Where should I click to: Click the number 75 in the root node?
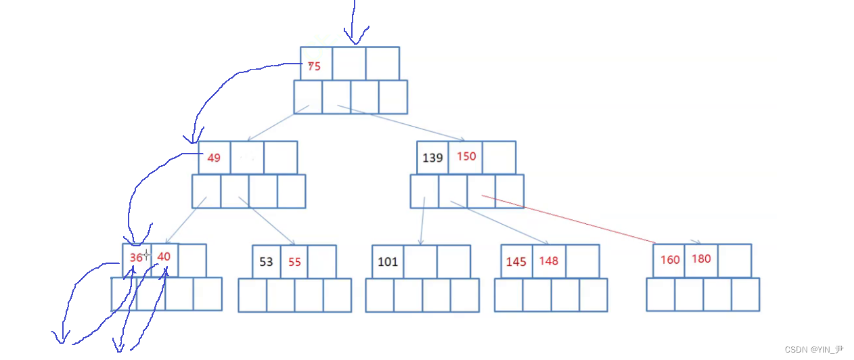pyautogui.click(x=314, y=66)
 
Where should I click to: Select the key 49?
pyautogui.click(x=214, y=158)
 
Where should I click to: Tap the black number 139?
pyautogui.click(x=432, y=158)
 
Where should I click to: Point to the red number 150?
pyautogui.click(x=466, y=156)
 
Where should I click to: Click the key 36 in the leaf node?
pyautogui.click(x=137, y=257)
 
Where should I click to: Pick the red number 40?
pyautogui.click(x=164, y=256)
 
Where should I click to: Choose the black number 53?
pyautogui.click(x=267, y=262)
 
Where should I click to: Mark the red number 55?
pyautogui.click(x=294, y=262)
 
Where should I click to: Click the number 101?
pyautogui.click(x=388, y=262)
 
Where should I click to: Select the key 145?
pyautogui.click(x=516, y=261)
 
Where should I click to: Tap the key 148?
pyautogui.click(x=549, y=261)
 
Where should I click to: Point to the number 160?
pyautogui.click(x=670, y=260)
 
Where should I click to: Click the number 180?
pyautogui.click(x=701, y=258)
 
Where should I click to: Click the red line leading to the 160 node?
pyautogui.click(x=568, y=219)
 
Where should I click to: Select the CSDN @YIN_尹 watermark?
pyautogui.click(x=814, y=350)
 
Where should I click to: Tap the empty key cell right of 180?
pyautogui.click(x=735, y=261)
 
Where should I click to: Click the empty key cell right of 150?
pyautogui.click(x=499, y=157)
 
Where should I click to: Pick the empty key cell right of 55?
pyautogui.click(x=322, y=261)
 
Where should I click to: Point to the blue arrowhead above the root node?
pyautogui.click(x=353, y=39)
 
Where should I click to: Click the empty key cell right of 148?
pyautogui.click(x=583, y=261)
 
